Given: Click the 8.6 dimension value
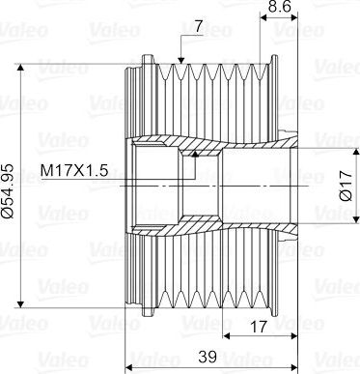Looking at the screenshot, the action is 279,6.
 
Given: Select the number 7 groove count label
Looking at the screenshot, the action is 198,27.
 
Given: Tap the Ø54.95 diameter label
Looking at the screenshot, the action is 8,191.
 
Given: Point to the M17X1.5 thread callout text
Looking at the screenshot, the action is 74,170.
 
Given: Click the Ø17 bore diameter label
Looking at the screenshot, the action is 346,186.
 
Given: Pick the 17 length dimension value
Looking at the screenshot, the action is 259,327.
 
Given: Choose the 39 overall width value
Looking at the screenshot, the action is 208,357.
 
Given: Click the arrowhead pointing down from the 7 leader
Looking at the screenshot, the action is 181,60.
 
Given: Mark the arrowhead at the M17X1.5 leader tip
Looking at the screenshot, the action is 195,154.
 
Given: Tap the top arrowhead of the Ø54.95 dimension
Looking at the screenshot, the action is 20,67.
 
